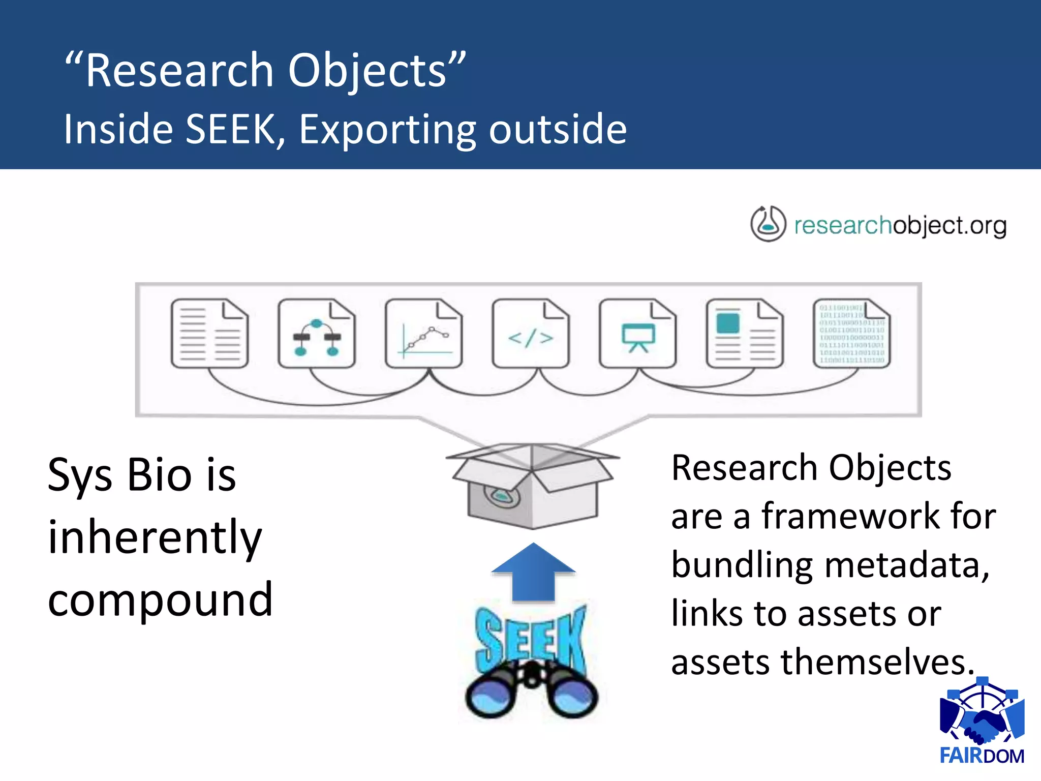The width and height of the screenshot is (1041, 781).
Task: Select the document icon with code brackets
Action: pos(531,334)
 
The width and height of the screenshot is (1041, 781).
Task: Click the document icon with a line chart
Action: pos(423,334)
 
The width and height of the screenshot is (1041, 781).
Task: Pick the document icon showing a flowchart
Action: pos(316,334)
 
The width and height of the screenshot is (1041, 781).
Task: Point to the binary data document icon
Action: pos(852,334)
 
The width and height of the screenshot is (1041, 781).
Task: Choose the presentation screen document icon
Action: pos(638,334)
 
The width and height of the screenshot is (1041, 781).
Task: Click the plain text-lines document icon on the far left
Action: pos(209,334)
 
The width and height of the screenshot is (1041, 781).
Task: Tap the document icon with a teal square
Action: pos(745,334)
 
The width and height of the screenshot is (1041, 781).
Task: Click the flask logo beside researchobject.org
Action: pos(768,224)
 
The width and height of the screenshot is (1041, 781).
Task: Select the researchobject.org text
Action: pos(900,226)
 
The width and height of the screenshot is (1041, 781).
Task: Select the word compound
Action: pos(160,600)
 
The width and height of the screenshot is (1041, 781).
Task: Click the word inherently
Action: pos(155,537)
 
